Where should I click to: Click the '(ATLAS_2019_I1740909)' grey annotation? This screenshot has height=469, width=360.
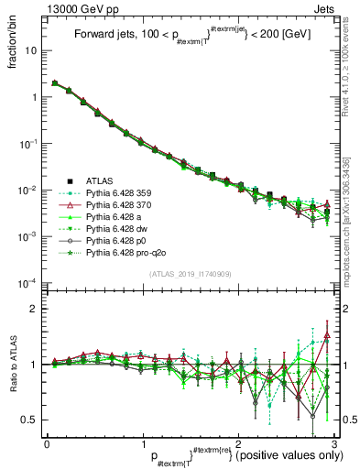tap(188, 274)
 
